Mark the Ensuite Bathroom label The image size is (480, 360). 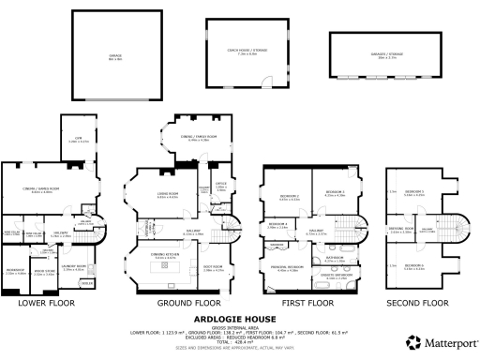click(x=336, y=276)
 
